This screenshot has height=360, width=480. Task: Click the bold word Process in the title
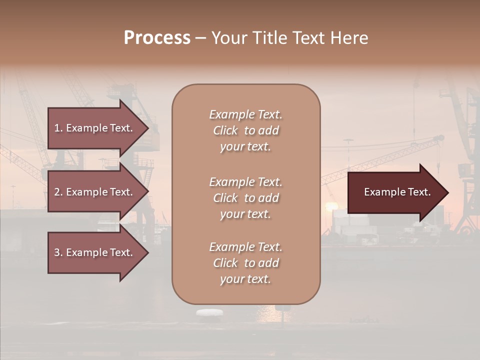[157, 38]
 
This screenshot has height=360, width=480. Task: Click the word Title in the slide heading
[270, 38]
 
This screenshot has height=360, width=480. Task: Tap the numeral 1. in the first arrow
[58, 128]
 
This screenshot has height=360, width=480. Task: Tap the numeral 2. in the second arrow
[58, 192]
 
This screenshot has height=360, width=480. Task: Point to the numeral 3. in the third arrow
[58, 252]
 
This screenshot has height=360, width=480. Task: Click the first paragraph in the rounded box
[245, 130]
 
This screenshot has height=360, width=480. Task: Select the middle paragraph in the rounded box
[245, 198]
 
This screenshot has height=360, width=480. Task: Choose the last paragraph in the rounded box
[245, 263]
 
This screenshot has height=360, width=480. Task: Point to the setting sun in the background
[331, 207]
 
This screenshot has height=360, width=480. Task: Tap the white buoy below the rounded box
[209, 312]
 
